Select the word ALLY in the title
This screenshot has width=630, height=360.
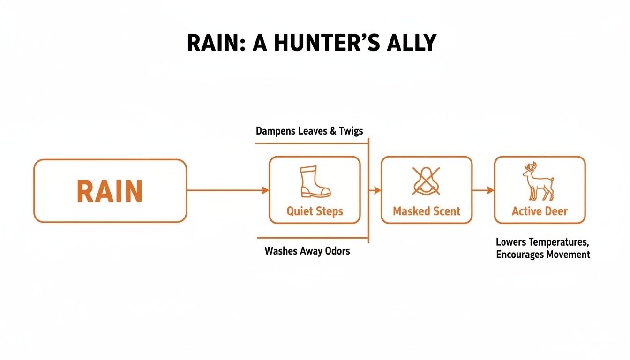click(411, 43)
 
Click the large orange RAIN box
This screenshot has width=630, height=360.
click(110, 191)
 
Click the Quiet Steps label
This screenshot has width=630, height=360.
click(315, 211)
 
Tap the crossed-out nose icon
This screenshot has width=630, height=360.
click(426, 181)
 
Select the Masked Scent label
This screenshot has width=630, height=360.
click(426, 211)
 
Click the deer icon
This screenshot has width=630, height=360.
click(538, 182)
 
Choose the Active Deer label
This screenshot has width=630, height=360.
click(540, 211)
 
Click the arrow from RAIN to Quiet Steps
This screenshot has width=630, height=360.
click(228, 190)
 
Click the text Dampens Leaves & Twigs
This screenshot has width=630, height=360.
click(309, 131)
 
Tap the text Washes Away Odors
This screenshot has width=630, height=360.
click(307, 251)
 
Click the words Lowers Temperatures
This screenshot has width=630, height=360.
click(541, 242)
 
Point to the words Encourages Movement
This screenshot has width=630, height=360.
click(543, 255)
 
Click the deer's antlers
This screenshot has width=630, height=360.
click(531, 167)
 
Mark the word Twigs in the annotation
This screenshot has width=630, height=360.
click(351, 131)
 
